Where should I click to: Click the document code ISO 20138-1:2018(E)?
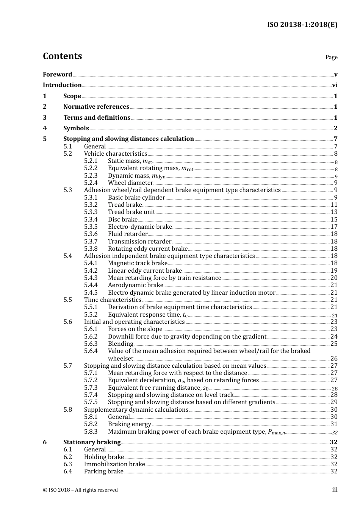pos(302,25)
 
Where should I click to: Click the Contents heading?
pos(62,56)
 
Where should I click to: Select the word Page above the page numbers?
pos(331,57)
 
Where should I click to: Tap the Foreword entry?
pos(57,74)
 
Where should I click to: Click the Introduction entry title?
pos(62,85)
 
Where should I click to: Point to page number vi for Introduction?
pos(335,85)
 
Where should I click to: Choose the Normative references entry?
pos(96,106)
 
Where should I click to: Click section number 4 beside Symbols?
pos(45,128)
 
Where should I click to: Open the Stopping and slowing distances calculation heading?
pos(128,139)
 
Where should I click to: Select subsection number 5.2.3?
pos(91,175)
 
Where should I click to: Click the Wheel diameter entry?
pos(130,183)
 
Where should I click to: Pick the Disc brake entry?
pos(123,219)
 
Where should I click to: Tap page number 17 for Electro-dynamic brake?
pos(334,226)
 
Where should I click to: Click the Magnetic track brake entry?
pos(138,263)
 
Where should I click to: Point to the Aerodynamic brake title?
pos(135,285)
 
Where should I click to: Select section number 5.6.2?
pos(91,336)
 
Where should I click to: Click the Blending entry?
pos(121,343)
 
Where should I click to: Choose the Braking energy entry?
pos(130,424)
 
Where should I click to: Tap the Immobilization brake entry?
pos(114,464)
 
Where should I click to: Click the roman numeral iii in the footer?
pos(335,490)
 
